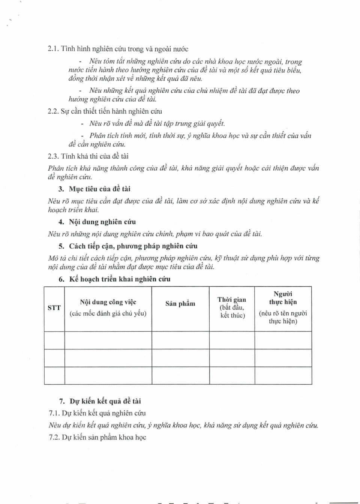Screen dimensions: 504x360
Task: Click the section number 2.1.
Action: [x=53, y=49]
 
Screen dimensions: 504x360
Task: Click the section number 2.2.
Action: [x=53, y=111]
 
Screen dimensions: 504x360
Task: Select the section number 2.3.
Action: [x=53, y=156]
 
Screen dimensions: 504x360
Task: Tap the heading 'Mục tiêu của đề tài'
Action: [x=99, y=189]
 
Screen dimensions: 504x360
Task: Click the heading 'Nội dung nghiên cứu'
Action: [x=102, y=222]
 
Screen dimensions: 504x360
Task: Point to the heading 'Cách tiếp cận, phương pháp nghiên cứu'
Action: [x=133, y=246]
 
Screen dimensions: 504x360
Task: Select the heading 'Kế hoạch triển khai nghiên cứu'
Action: [x=120, y=279]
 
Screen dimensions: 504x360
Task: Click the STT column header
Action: [x=54, y=308]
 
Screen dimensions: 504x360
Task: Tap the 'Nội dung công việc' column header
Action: [x=108, y=302]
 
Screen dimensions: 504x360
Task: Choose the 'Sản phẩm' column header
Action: [x=180, y=304]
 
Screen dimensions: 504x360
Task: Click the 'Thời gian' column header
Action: [x=232, y=299]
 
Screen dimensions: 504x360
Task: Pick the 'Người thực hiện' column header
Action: [x=283, y=298]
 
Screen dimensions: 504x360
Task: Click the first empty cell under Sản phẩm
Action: [x=180, y=340]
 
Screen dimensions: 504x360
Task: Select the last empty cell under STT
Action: [x=54, y=376]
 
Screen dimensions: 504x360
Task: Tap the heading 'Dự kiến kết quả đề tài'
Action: [x=105, y=401]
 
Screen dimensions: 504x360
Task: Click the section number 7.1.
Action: [x=54, y=414]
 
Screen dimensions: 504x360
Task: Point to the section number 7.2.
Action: [x=54, y=438]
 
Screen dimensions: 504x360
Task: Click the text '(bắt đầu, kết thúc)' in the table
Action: [x=232, y=311]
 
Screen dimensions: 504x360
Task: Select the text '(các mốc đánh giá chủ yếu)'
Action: [x=108, y=313]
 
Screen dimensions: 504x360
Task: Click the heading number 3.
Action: [x=61, y=189]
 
